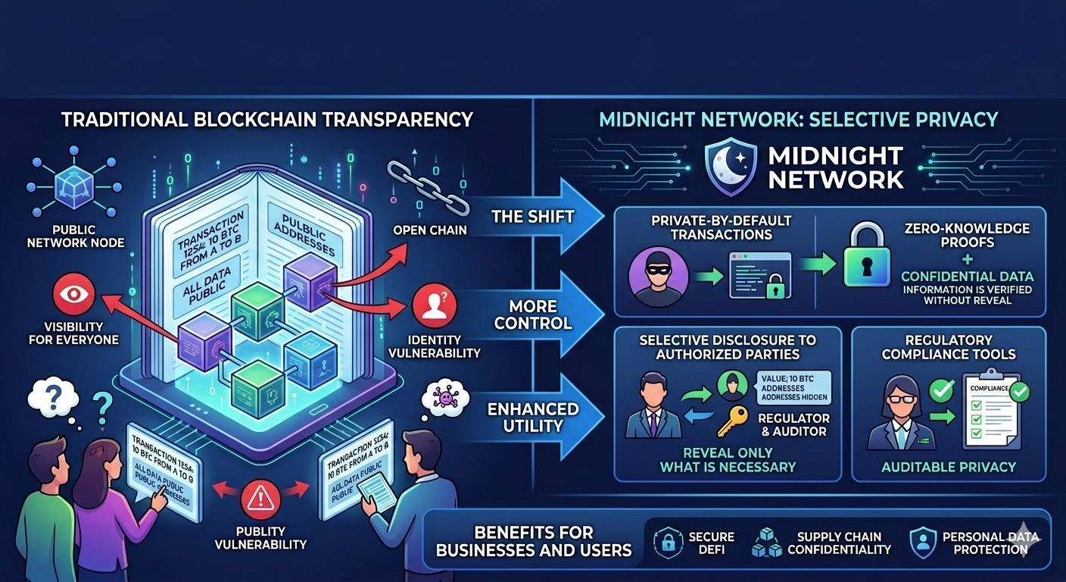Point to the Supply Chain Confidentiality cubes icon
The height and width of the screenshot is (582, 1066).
click(766, 542)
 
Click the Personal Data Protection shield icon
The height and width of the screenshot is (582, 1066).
click(923, 542)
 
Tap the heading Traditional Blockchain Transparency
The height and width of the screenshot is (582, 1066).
click(266, 120)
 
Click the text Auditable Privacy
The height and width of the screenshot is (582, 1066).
click(948, 467)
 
